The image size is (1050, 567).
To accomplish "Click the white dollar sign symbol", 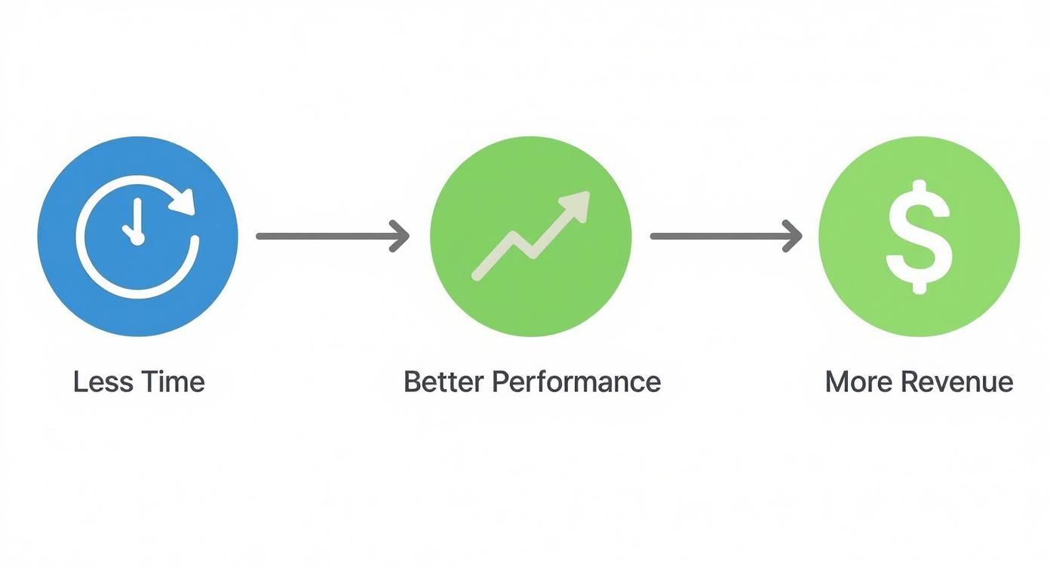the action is pyautogui.click(x=919, y=236).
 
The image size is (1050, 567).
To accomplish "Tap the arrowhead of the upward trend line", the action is pyautogui.click(x=578, y=204).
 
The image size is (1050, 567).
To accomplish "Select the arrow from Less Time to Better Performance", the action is pyautogui.click(x=332, y=236).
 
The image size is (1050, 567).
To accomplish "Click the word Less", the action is pyautogui.click(x=97, y=382).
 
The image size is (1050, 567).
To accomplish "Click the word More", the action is pyautogui.click(x=855, y=382).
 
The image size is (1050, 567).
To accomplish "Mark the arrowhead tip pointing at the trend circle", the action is pyautogui.click(x=408, y=236).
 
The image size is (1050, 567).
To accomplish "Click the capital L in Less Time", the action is pyautogui.click(x=78, y=382).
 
